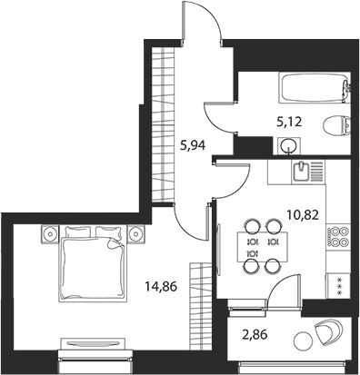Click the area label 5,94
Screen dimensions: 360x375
(193, 146)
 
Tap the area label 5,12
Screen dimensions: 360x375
(289, 122)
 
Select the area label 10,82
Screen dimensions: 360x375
(302, 215)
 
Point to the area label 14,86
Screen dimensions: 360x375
(161, 286)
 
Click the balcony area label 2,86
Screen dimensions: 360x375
(255, 335)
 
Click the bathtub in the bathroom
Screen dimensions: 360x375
(314, 87)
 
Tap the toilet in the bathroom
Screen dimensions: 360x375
(336, 125)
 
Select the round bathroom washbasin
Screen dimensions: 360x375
(289, 146)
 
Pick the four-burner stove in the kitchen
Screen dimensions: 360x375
(338, 237)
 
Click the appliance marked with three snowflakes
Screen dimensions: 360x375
(338, 286)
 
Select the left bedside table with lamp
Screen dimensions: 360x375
(49, 233)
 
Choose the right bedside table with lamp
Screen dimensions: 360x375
(136, 233)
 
